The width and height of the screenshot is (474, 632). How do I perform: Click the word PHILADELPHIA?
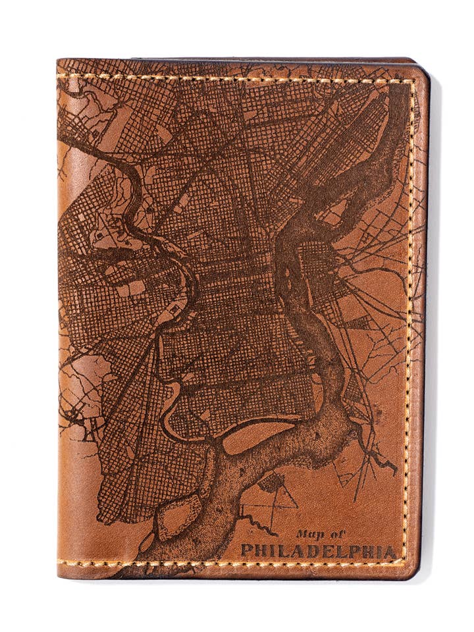(x=319, y=550)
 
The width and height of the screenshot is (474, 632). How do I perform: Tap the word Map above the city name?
(x=306, y=534)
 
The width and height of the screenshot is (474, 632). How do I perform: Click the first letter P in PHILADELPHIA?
(x=246, y=550)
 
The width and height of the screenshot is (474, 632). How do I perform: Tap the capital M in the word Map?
(x=300, y=534)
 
